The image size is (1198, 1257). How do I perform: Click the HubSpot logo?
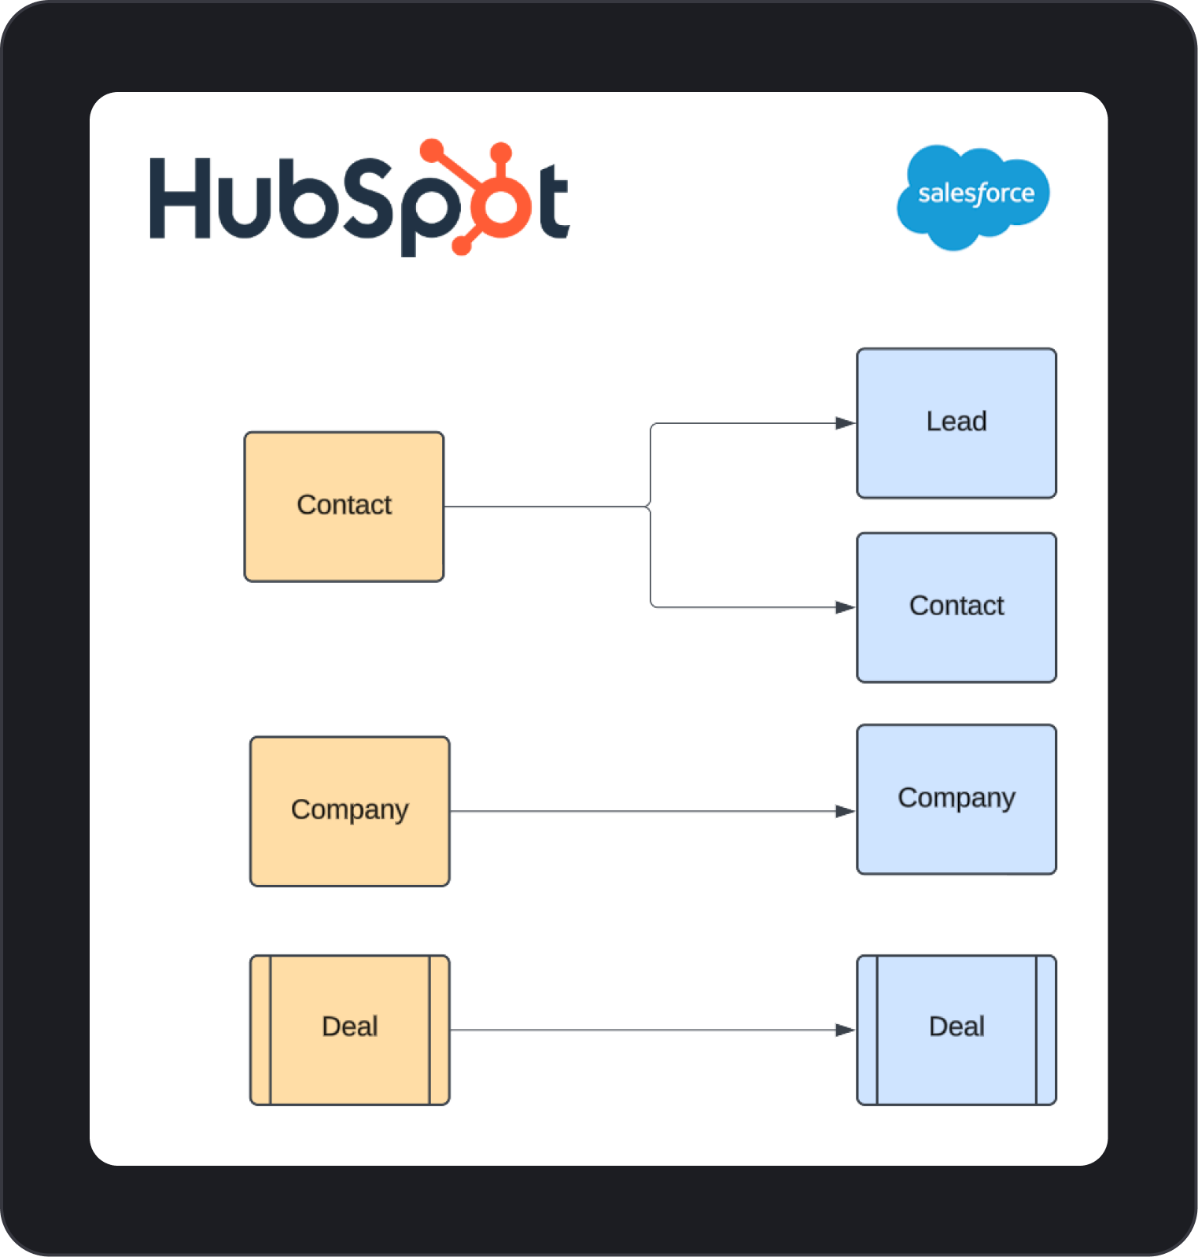(359, 198)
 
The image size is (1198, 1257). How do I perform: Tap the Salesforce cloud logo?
(973, 197)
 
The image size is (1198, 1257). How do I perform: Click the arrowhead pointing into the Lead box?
(846, 423)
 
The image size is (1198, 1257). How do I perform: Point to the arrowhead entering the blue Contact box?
(846, 607)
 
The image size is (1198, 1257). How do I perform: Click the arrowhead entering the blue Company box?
(846, 811)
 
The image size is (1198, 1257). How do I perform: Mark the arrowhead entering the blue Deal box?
(846, 1030)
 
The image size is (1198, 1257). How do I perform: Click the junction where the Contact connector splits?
(650, 507)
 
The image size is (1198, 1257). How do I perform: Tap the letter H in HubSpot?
(180, 198)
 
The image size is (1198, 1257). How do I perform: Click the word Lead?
(956, 422)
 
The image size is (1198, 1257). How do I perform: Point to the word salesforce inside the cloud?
(975, 194)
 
